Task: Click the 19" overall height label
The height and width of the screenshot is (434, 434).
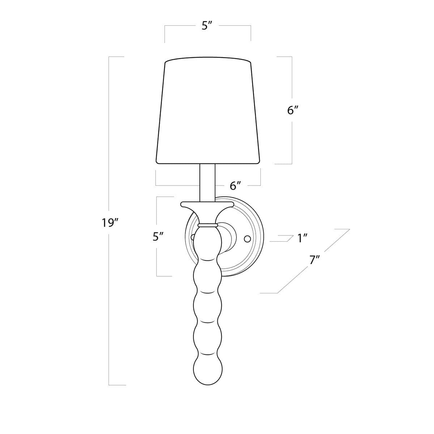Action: tap(108, 223)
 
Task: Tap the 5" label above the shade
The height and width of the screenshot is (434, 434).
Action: tap(207, 26)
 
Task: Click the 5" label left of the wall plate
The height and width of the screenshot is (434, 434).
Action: tap(158, 237)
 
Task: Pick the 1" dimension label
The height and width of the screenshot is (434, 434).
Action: tap(302, 238)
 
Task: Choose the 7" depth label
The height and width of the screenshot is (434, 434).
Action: tap(315, 260)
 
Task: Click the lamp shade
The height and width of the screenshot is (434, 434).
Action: tap(208, 112)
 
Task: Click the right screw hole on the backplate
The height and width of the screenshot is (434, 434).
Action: tap(247, 239)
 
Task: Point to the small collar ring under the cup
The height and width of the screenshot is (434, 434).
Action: tap(208, 225)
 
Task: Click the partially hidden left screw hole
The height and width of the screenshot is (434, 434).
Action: tap(193, 238)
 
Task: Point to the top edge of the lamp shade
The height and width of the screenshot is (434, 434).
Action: tap(208, 58)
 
